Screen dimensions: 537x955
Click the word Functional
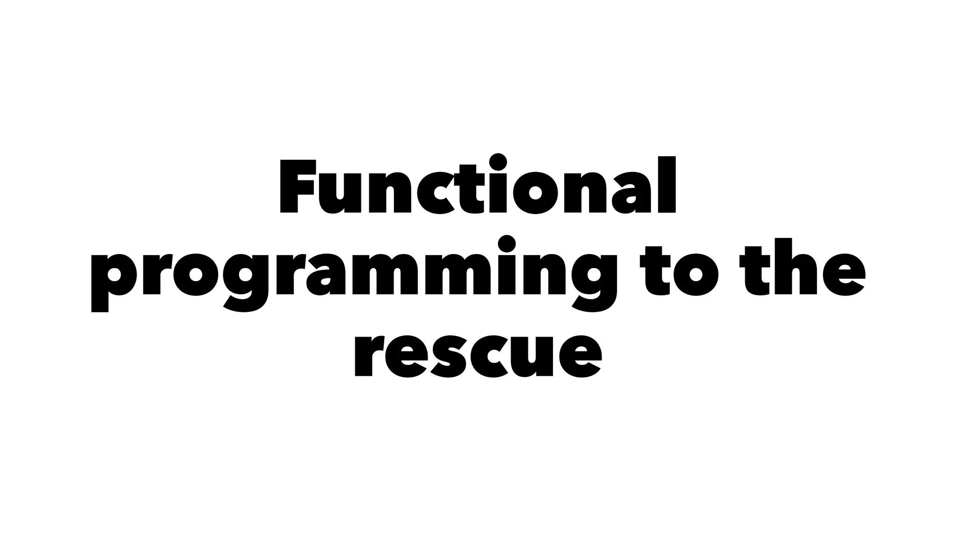[477, 186]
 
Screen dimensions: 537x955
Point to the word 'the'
[802, 273]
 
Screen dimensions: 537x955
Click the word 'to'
[678, 273]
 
